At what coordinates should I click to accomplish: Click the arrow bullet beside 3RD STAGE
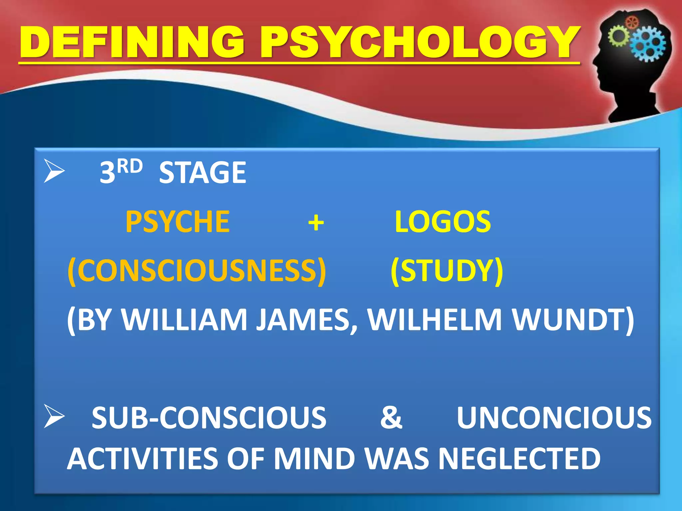click(x=54, y=171)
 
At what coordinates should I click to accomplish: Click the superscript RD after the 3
click(x=130, y=166)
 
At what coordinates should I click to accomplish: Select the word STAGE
click(x=202, y=172)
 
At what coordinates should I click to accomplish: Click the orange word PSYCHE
click(x=177, y=222)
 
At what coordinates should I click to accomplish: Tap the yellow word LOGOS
click(x=443, y=222)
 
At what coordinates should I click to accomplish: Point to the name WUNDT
click(x=573, y=320)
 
